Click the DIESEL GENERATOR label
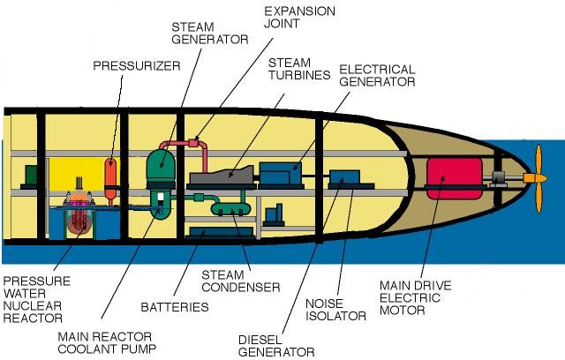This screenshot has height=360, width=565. point(276,345)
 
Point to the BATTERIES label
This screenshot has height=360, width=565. point(175,307)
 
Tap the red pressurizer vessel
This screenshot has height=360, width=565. point(110,178)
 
